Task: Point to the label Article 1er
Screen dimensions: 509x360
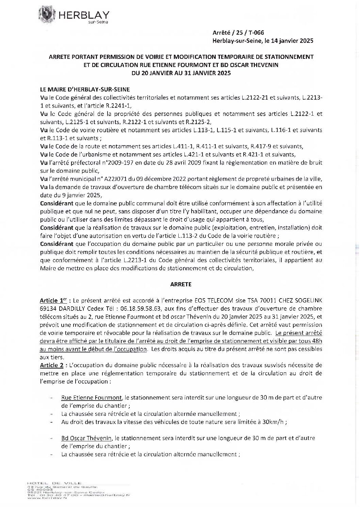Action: click(53, 301)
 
